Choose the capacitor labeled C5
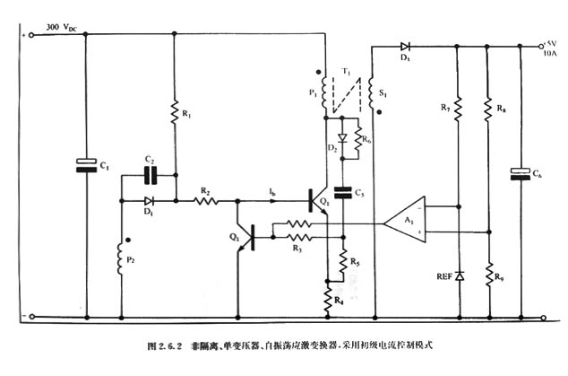pyautogui.click(x=341, y=190)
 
